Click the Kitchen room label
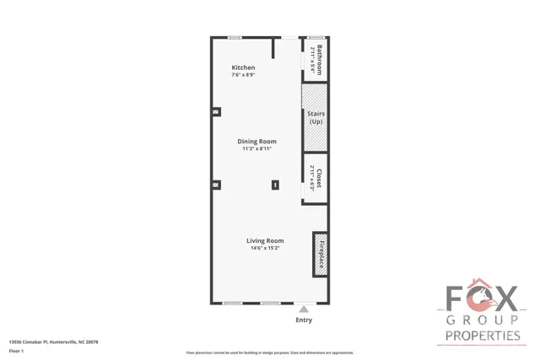(243, 67)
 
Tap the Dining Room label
(256, 141)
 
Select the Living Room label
(264, 241)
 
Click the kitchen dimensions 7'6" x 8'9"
(243, 75)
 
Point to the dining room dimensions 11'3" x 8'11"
(256, 148)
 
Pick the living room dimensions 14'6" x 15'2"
(264, 249)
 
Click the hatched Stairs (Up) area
(316, 117)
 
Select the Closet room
(316, 179)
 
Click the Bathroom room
(316, 61)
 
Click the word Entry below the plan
(304, 320)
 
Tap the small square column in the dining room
(274, 185)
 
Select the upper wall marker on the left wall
(216, 111)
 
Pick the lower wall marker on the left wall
(216, 185)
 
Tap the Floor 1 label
(17, 351)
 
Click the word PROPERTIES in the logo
(483, 336)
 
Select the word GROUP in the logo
(483, 321)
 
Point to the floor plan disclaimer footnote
(270, 352)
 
